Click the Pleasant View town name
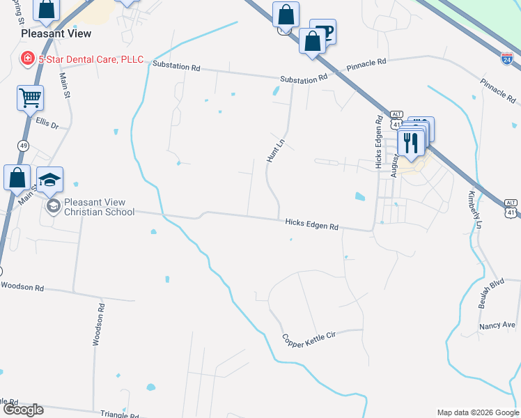click(56, 33)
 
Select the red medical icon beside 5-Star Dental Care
click(28, 59)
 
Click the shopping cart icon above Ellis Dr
click(30, 99)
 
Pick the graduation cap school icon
click(49, 180)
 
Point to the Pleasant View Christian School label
click(98, 207)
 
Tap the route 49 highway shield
click(24, 145)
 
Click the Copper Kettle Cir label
click(309, 339)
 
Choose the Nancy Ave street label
click(497, 325)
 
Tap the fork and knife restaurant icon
click(411, 143)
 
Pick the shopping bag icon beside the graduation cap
click(16, 178)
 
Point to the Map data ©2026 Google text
click(476, 412)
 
